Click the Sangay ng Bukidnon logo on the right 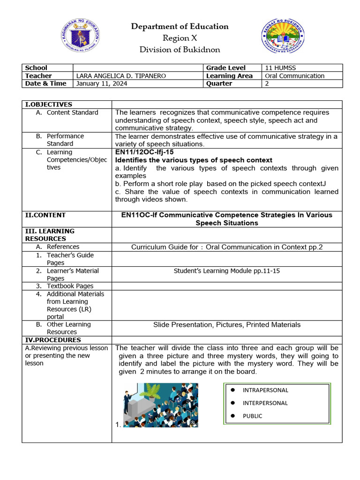(282, 38)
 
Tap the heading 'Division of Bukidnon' (180, 50)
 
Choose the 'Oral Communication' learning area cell (294, 76)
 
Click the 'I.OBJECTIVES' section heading (48, 105)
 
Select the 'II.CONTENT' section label (45, 215)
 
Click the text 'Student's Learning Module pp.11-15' (227, 271)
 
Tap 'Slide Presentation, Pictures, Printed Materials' (227, 325)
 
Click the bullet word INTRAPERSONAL (265, 390)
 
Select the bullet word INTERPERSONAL (265, 403)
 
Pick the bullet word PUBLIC (252, 416)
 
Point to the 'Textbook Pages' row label (70, 286)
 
